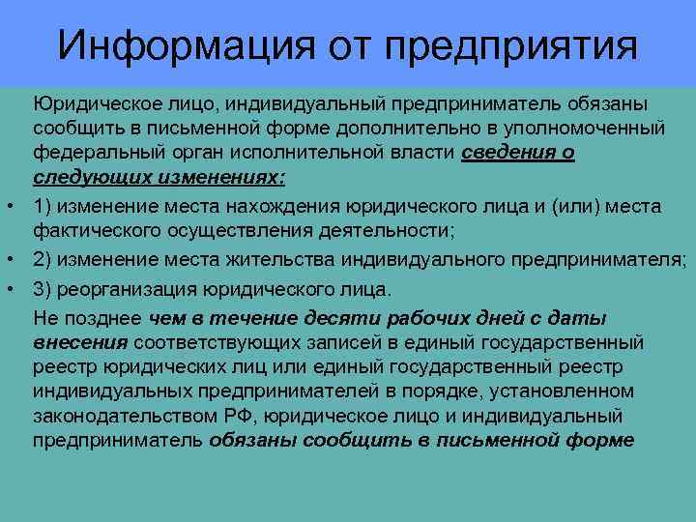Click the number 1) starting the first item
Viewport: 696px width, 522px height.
(43, 203)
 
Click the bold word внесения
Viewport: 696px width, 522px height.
(80, 342)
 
